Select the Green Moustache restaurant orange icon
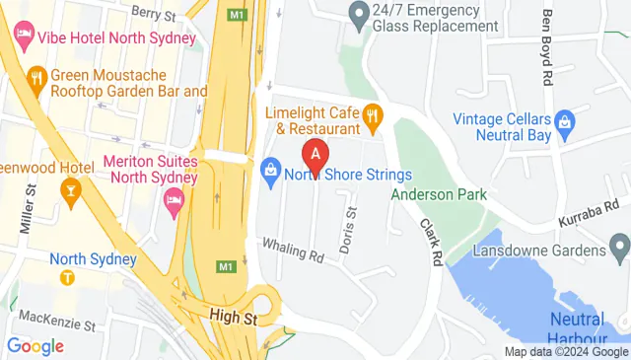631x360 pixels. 36,78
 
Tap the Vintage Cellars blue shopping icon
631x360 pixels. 564,122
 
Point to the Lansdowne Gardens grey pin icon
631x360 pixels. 618,243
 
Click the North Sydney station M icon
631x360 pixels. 67,277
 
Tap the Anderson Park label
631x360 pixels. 439,195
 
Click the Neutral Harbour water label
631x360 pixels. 576,328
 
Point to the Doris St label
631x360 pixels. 348,231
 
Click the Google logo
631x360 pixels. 35,346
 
